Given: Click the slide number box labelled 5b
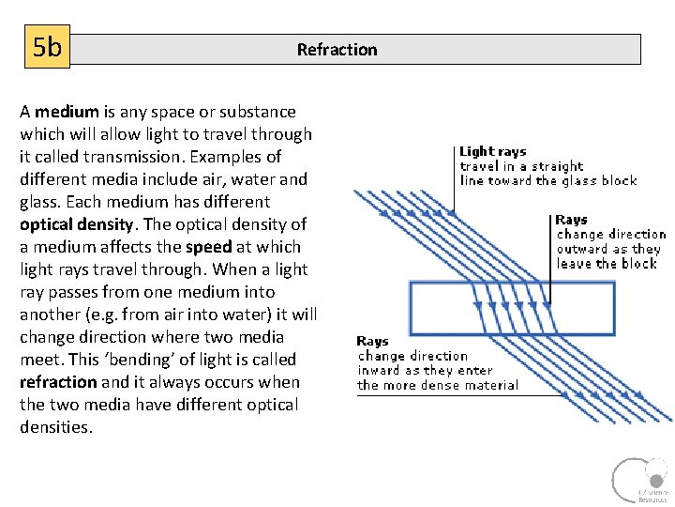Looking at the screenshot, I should coord(47,47).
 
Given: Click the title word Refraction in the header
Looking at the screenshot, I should coord(337,50).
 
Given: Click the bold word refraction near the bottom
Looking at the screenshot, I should coord(58,382).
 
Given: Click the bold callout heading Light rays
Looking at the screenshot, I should coord(492,151).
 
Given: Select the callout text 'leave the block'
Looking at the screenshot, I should coord(607,264).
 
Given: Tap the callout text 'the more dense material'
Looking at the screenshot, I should coord(437,385).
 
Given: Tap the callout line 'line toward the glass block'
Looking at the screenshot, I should coord(547,180).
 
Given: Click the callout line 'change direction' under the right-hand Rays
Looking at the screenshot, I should coord(610,234).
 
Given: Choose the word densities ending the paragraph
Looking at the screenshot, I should coord(56,427).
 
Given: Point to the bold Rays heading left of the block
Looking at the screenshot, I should coord(372,342).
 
